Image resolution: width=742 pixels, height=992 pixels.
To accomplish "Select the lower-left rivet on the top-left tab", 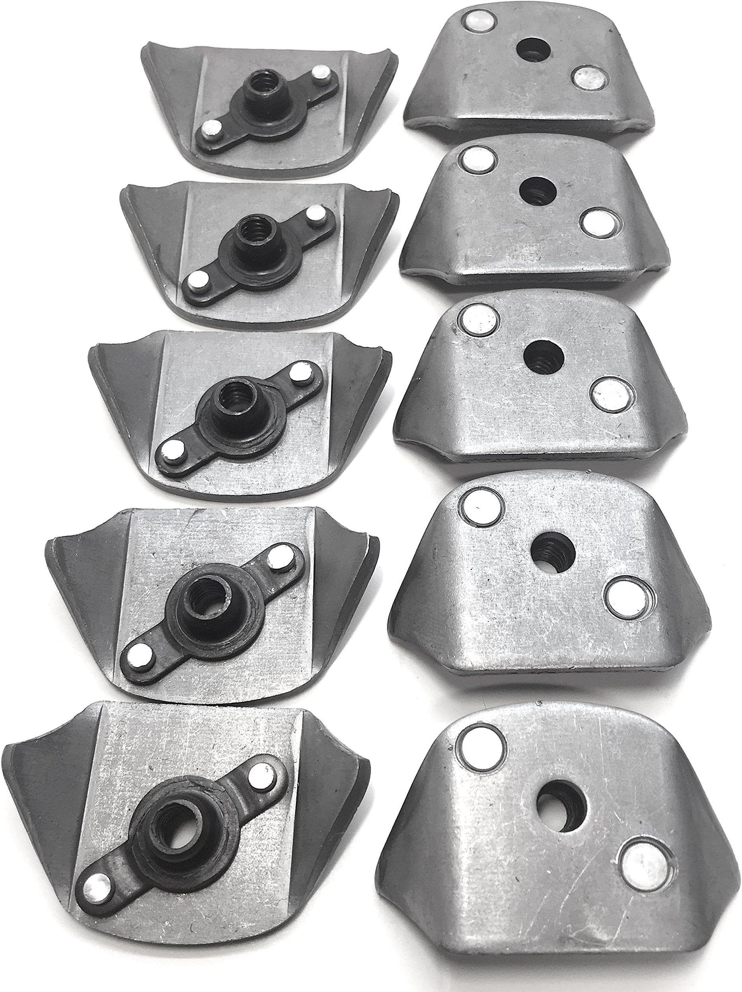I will (x=209, y=129).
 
